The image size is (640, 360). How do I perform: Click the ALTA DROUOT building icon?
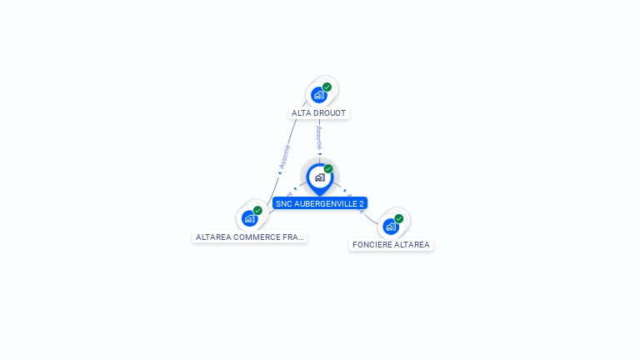pos(318,95)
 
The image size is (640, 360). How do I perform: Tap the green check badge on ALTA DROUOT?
pos(327,87)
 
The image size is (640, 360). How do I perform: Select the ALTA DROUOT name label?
pos(319,112)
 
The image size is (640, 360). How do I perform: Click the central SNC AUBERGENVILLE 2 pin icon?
pos(319,177)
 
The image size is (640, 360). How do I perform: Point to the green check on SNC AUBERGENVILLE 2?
pos(328,168)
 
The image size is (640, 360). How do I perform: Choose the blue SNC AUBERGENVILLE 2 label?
pos(320,203)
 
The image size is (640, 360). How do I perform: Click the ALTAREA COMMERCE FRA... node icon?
pos(249,218)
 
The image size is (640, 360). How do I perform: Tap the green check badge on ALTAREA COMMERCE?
pos(258,210)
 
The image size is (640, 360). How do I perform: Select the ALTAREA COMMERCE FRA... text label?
pos(250,237)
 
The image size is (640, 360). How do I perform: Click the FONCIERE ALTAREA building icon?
pos(390,226)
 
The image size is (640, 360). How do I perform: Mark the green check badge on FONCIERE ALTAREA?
pos(399,218)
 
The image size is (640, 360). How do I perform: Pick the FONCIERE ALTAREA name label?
pos(391,245)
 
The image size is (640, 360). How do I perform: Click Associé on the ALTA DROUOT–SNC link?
pos(319,137)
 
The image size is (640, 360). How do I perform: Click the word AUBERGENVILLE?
pos(325,203)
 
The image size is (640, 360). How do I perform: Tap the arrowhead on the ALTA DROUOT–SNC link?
pos(319,153)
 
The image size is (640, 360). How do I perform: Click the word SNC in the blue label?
pos(283,203)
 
